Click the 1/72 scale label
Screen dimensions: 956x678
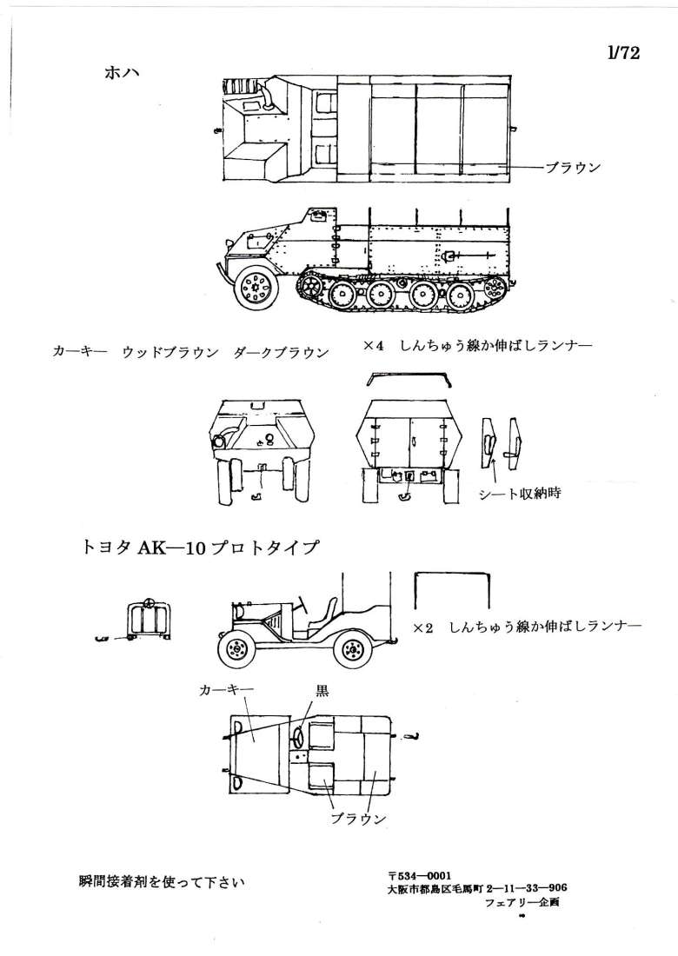[624, 54]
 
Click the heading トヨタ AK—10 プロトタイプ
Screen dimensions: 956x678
[199, 548]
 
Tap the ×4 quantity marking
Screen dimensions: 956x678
[374, 346]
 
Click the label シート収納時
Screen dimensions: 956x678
[519, 493]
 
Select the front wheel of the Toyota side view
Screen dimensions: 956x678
[236, 648]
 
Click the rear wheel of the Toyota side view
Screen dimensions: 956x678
[353, 648]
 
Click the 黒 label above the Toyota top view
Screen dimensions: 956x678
[321, 692]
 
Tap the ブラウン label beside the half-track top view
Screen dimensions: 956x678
[573, 168]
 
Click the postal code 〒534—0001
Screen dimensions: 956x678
[420, 874]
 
